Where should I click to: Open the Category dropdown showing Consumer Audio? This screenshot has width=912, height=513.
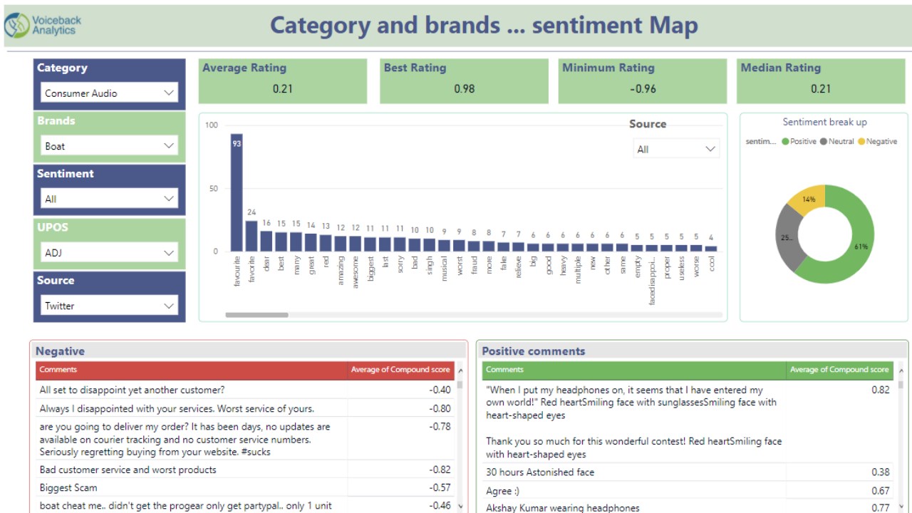[109, 93]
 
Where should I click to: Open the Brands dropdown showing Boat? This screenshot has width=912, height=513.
[109, 146]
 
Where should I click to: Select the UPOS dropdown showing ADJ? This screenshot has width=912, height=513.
[109, 252]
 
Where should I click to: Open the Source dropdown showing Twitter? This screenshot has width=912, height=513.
[109, 306]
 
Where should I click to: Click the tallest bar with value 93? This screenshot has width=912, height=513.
[237, 192]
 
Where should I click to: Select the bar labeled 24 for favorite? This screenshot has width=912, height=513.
[252, 235]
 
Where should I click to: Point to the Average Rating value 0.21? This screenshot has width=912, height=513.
[282, 89]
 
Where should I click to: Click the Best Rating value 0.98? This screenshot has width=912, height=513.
[464, 89]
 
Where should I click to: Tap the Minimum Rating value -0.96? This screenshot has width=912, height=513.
[642, 89]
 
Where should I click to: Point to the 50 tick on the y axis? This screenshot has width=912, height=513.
[212, 189]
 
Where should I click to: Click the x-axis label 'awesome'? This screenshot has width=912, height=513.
[356, 271]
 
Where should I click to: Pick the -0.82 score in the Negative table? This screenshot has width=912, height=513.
[440, 470]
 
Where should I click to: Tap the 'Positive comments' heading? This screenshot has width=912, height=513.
[533, 351]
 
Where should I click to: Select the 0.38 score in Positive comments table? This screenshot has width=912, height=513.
[880, 472]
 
